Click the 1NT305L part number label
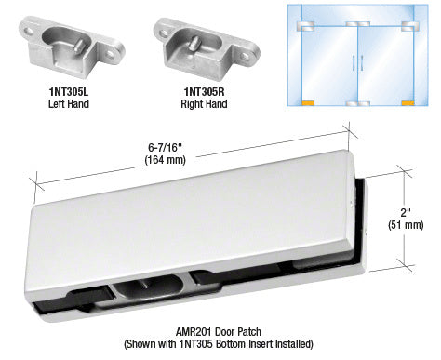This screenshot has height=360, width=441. point(69,92)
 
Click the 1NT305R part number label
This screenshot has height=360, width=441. point(204,92)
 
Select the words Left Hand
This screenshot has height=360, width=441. point(69,103)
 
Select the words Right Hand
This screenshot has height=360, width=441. point(204,103)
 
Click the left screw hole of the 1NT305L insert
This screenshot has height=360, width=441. point(30,32)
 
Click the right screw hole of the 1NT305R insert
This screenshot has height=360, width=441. point(245,56)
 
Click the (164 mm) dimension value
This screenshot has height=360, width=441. point(165,160)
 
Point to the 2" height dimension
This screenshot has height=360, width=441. point(406,213)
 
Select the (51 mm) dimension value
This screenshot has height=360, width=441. point(406,225)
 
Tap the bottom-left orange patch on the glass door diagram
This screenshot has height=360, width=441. point(308,103)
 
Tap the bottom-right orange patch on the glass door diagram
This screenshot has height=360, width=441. point(408,103)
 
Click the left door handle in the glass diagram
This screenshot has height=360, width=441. point(354,63)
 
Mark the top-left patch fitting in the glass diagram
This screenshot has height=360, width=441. point(305,26)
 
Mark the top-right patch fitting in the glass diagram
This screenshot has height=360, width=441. point(410,26)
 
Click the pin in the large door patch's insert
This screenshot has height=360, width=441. point(143,285)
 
